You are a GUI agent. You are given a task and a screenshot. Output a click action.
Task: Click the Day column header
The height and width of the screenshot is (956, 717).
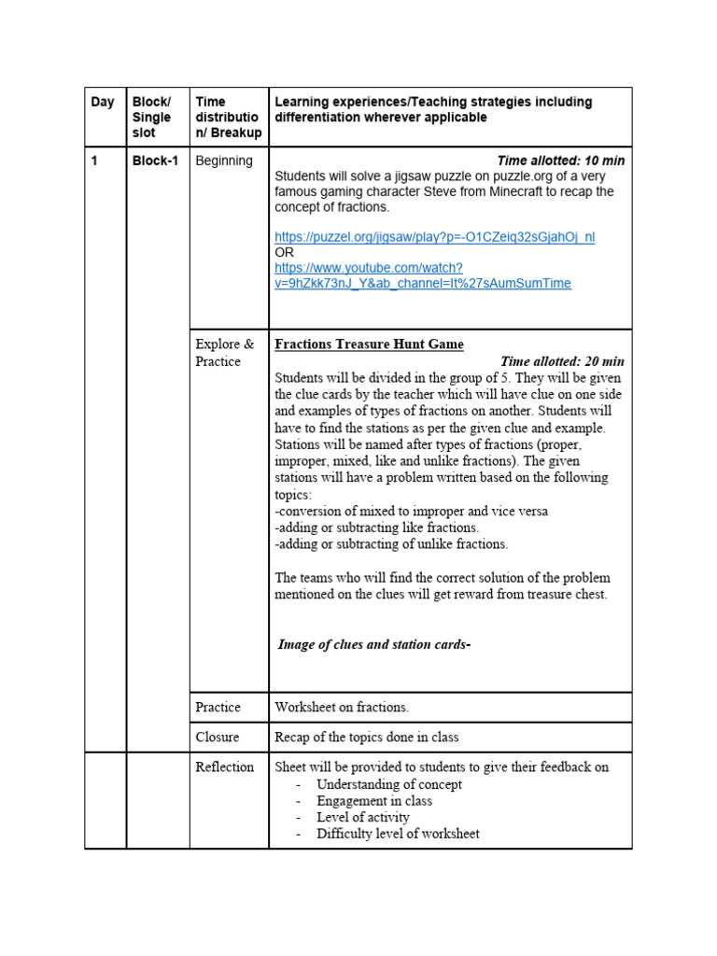click(102, 103)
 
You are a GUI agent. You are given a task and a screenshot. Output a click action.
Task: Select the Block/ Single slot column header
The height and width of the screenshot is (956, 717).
click(151, 118)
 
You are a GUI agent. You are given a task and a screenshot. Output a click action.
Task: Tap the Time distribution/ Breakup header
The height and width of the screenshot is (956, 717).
click(228, 118)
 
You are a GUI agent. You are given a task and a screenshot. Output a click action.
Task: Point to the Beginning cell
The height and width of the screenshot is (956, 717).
click(224, 161)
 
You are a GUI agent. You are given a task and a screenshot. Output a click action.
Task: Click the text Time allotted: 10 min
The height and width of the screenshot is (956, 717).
click(560, 161)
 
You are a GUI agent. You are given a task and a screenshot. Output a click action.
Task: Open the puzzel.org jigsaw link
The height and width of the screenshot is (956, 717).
click(434, 237)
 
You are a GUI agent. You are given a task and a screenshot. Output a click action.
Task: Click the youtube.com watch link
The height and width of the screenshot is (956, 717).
click(422, 275)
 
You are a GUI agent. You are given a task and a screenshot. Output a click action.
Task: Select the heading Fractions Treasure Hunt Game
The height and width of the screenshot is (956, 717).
click(369, 344)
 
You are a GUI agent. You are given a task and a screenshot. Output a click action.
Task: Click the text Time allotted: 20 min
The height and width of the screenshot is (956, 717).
click(562, 361)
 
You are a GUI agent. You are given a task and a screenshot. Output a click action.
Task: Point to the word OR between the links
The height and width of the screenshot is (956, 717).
click(284, 253)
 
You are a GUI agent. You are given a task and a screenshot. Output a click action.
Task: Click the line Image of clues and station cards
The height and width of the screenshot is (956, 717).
click(373, 645)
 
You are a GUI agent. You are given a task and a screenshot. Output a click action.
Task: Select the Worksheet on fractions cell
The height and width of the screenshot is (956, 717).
click(342, 708)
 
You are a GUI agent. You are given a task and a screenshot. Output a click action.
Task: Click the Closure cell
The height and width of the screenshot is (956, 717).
click(218, 738)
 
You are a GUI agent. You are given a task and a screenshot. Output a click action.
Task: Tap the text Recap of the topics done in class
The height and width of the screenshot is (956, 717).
click(366, 738)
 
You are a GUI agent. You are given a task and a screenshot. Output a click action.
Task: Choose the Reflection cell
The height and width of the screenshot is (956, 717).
click(224, 767)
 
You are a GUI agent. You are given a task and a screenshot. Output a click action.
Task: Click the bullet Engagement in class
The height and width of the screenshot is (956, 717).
click(373, 801)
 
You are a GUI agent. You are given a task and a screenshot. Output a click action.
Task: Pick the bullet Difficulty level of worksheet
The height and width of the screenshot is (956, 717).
click(398, 834)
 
